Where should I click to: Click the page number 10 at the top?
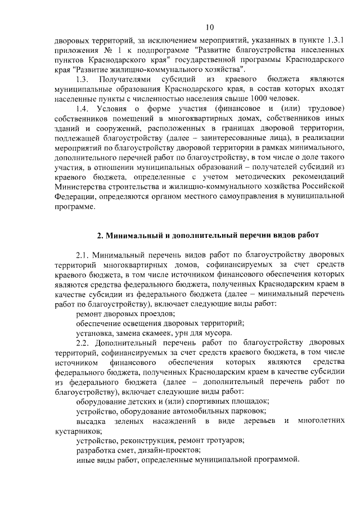(x=210, y=27)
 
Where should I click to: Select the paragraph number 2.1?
(x=83, y=256)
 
